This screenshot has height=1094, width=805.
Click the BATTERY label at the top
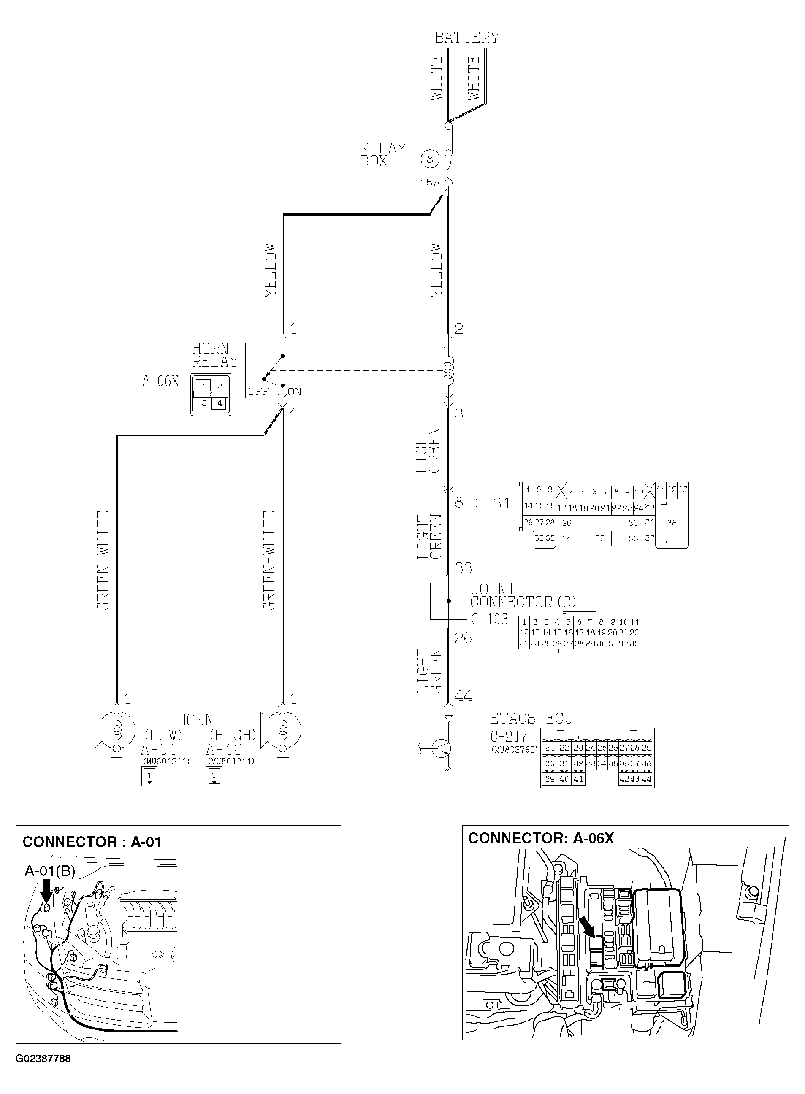[466, 38]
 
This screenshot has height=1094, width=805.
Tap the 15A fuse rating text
[430, 183]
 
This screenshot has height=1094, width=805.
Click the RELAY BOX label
[382, 154]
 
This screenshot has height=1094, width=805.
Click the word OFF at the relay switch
[258, 392]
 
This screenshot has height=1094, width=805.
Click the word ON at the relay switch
[295, 392]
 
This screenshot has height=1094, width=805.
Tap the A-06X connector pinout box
[211, 394]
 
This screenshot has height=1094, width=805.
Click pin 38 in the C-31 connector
[672, 523]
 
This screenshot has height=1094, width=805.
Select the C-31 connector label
[492, 503]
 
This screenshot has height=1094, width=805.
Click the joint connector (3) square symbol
[448, 601]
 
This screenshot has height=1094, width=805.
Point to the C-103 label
[489, 619]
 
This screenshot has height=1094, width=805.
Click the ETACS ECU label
[531, 719]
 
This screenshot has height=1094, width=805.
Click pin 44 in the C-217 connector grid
[646, 779]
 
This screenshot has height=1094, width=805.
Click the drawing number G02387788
[43, 1059]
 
